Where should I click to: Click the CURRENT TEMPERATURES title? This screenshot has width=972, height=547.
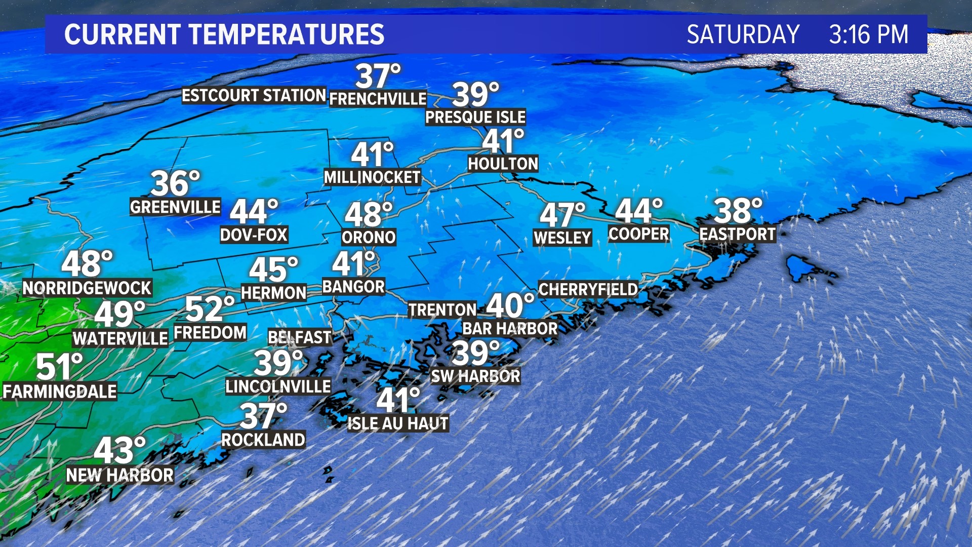point(224,34)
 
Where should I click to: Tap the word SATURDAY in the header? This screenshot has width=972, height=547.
point(743,34)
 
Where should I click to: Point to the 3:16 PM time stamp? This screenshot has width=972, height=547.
point(868,34)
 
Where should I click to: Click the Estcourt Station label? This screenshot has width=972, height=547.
point(254,95)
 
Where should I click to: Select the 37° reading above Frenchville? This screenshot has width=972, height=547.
point(378,76)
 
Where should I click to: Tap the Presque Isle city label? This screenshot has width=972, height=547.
point(475,117)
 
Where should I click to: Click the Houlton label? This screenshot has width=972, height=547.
point(503,164)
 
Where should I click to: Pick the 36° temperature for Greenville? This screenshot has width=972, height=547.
point(175,183)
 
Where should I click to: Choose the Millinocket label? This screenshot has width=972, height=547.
point(372,177)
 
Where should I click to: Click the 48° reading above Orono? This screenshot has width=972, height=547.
point(369,214)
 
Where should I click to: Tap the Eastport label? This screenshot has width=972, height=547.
point(737,234)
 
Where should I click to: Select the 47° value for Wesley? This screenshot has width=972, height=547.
point(562,215)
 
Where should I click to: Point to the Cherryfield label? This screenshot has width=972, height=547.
point(588,289)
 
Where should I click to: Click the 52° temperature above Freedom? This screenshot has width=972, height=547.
point(210,308)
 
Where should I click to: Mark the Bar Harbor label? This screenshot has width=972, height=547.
point(510,329)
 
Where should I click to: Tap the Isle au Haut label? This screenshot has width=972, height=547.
point(398,423)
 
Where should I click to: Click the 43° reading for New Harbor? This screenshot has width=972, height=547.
point(119,450)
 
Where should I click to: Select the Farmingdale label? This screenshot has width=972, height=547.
point(60,392)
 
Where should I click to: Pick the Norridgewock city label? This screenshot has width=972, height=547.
point(87,288)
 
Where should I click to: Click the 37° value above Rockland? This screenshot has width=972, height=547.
point(263,416)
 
